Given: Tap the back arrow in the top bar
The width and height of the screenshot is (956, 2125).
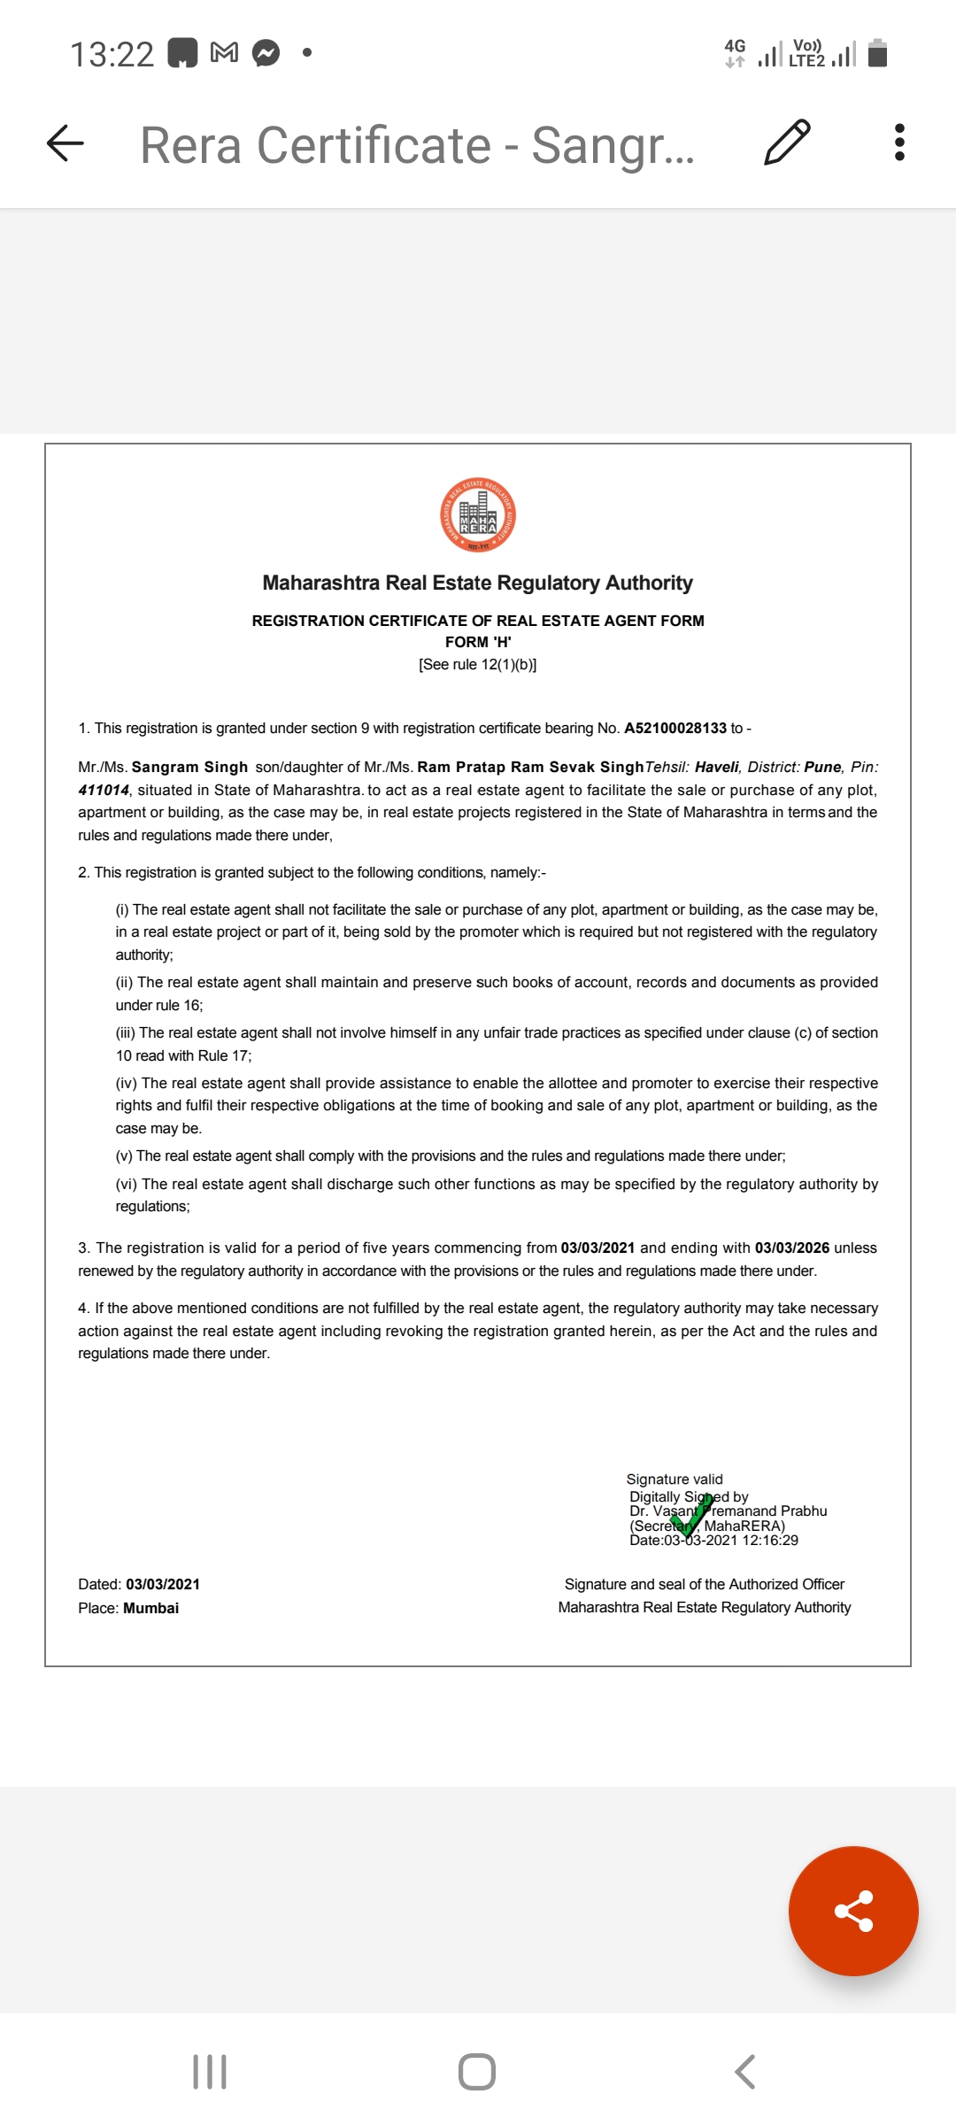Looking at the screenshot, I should pyautogui.click(x=66, y=143).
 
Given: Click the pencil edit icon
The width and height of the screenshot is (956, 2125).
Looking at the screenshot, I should pyautogui.click(x=786, y=143).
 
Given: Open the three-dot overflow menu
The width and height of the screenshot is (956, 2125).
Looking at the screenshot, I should pyautogui.click(x=899, y=143).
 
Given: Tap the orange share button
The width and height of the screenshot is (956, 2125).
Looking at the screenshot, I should pyautogui.click(x=853, y=1911).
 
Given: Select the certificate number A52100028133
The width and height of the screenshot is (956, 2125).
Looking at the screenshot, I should pyautogui.click(x=675, y=728).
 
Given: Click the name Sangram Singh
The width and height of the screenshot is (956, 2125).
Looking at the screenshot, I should pyautogui.click(x=189, y=767).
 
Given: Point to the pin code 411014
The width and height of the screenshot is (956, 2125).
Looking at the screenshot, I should pyautogui.click(x=104, y=790).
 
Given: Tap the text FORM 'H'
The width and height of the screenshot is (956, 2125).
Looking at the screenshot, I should pyautogui.click(x=478, y=642).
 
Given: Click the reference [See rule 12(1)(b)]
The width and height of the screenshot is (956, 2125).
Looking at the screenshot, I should pyautogui.click(x=478, y=665).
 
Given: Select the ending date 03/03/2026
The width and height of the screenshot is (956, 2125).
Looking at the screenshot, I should pyautogui.click(x=791, y=1248).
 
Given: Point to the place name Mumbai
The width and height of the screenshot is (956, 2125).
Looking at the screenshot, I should pyautogui.click(x=151, y=1608).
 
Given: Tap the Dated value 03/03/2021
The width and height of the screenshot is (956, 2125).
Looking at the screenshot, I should pyautogui.click(x=163, y=1584).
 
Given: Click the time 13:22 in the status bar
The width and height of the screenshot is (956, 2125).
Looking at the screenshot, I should pyautogui.click(x=112, y=54).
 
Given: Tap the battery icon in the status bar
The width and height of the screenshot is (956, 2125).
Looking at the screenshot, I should pyautogui.click(x=877, y=53).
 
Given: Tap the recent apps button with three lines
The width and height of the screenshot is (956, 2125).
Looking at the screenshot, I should pyautogui.click(x=210, y=2072).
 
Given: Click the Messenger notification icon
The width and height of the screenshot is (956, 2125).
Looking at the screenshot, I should pyautogui.click(x=266, y=53).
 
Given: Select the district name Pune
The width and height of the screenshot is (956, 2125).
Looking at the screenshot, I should pyautogui.click(x=822, y=767).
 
